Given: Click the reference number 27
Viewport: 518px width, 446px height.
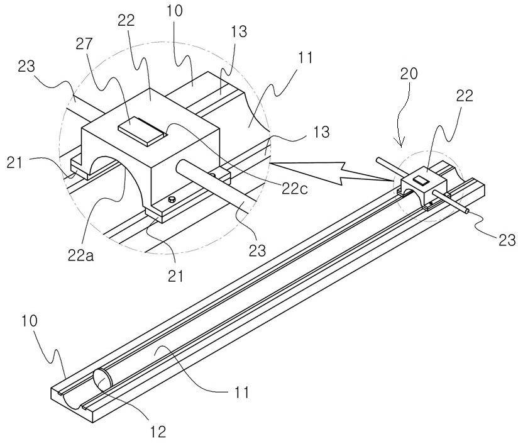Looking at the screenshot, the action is pos(84,43).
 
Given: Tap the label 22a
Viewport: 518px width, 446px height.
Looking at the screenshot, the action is pos(80,255).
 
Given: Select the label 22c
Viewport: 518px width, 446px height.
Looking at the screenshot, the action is pos(294,189).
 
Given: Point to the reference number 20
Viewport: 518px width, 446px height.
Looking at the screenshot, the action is pos(409,74).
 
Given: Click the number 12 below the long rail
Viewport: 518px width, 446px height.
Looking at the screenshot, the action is pos(158,432).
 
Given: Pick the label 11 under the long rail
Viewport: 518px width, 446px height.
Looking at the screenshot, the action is pos(241,393).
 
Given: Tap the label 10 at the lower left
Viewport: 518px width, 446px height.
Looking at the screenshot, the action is pos(29,321).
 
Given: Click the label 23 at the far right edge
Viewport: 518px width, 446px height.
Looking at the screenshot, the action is pos(507,240).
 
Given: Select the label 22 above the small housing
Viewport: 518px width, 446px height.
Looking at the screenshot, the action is pos(465,96).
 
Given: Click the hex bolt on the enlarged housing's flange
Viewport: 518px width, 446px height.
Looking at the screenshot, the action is pos(172,199).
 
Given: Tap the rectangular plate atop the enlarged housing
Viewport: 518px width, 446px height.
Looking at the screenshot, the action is pos(142,131).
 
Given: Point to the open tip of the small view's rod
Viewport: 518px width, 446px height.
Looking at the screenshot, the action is pos(466,210).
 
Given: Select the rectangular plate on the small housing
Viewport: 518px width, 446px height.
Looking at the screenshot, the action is pos(421,180).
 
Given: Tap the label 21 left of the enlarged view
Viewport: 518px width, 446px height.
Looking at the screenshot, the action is pos(14,163).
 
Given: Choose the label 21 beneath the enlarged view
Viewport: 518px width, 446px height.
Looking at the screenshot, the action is pos(175,276).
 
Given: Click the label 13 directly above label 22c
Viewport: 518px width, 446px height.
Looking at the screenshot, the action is pos(322,132).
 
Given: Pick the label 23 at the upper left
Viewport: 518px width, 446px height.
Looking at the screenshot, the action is pos(26,66).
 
